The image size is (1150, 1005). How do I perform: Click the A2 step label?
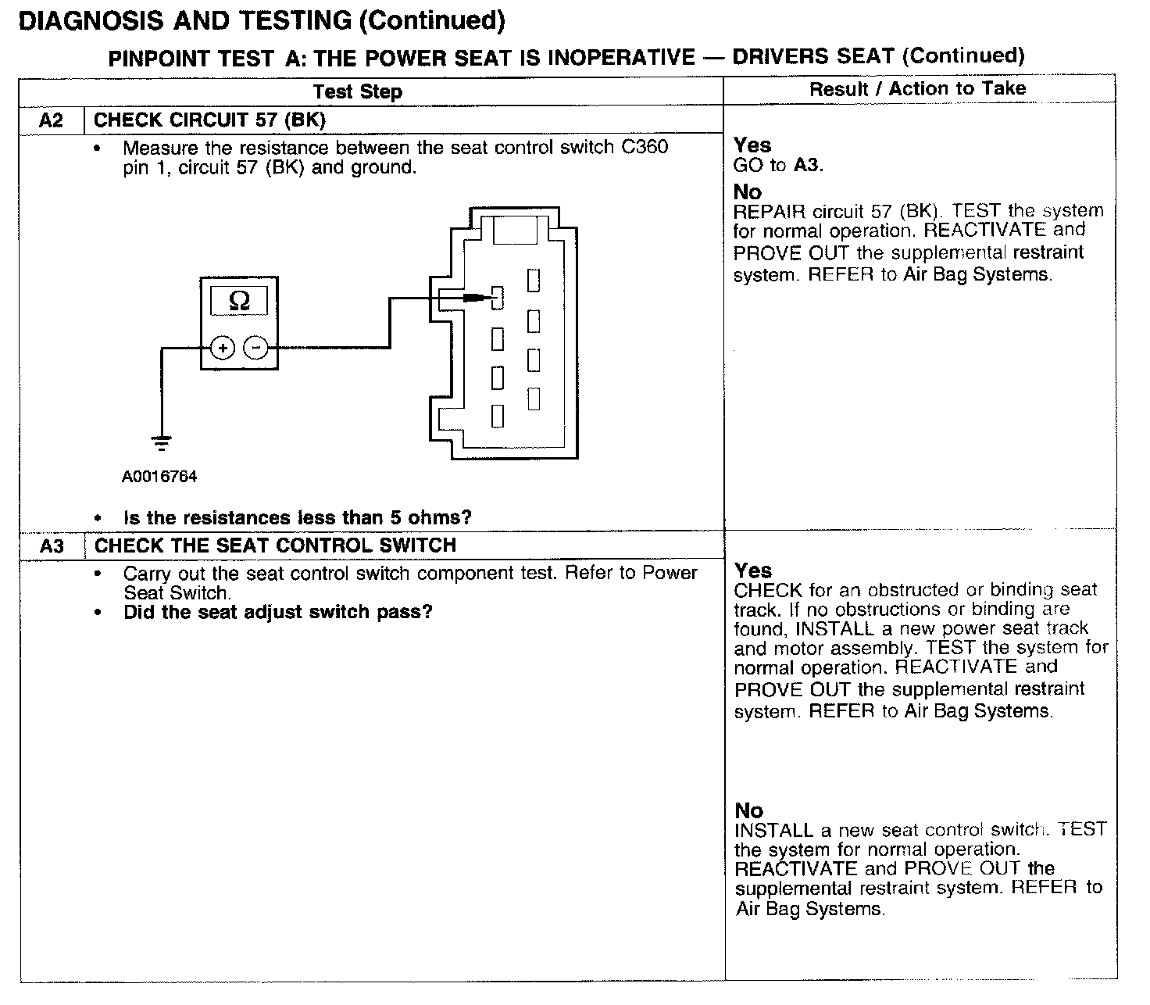(x=51, y=120)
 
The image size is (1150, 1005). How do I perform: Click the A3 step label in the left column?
(x=52, y=545)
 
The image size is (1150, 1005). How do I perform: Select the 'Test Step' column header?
(x=358, y=92)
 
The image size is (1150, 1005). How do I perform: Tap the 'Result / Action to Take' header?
(x=917, y=89)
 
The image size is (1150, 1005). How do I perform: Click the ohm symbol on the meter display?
(x=239, y=301)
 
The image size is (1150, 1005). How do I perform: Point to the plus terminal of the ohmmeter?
(x=223, y=348)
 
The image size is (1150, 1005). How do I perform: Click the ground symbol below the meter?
(x=162, y=443)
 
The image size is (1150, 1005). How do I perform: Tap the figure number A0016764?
(x=159, y=477)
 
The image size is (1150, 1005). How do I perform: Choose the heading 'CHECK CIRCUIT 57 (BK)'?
(x=209, y=120)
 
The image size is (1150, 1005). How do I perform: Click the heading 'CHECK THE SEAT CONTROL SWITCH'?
(x=275, y=545)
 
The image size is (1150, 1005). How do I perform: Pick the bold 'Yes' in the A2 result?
(x=752, y=145)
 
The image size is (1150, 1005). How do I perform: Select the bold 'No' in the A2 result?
(x=747, y=192)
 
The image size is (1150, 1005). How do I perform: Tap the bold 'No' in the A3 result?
(x=748, y=810)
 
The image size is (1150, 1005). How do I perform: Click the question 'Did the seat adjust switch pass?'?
(x=277, y=612)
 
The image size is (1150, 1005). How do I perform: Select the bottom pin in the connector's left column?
(x=497, y=417)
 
